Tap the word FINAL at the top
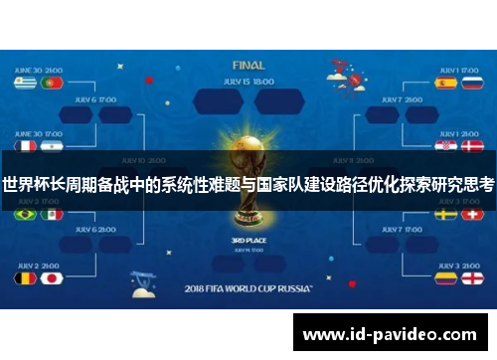click(248, 64)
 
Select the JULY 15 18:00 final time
click(248, 81)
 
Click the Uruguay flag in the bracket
click(25, 84)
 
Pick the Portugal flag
click(52, 84)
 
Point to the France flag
click(25, 145)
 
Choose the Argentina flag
click(52, 145)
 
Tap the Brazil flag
click(25, 214)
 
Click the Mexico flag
click(52, 214)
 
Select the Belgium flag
click(25, 277)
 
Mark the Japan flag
click(52, 277)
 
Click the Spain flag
click(445, 84)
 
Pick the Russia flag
click(472, 84)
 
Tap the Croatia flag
click(445, 145)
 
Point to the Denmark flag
click(472, 145)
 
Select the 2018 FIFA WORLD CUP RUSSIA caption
click(247, 289)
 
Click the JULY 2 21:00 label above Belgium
click(38, 265)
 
